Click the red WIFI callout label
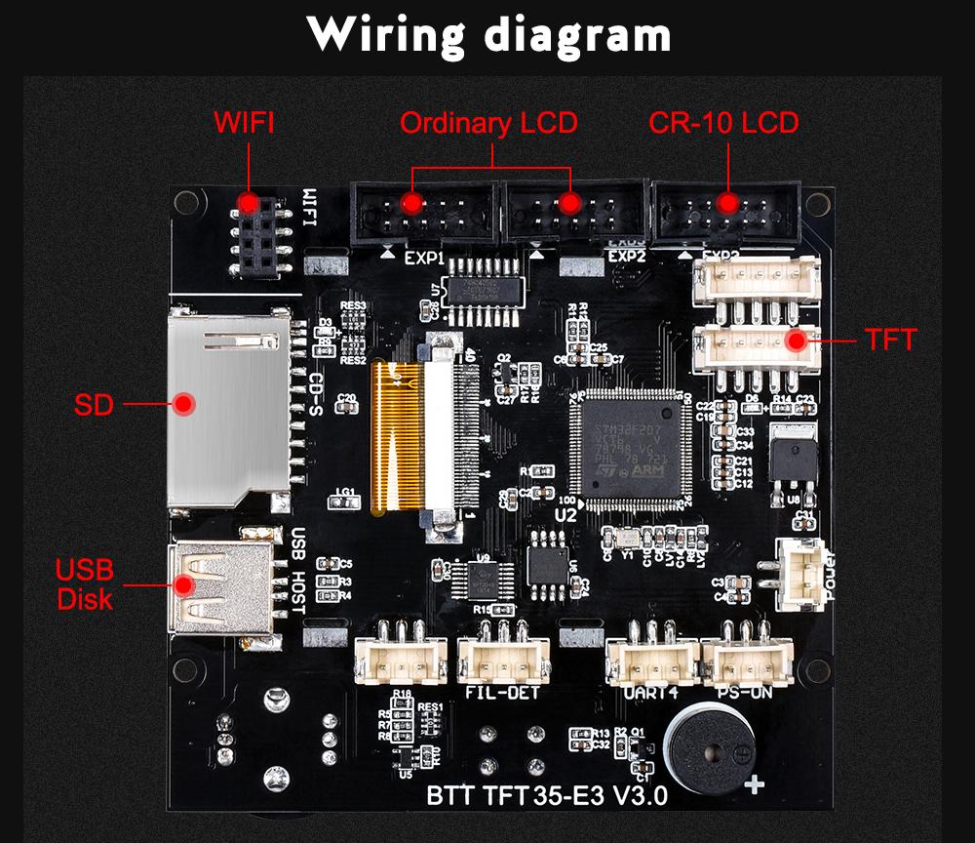tap(245, 123)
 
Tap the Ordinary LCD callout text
tap(488, 123)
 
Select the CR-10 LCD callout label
tap(724, 123)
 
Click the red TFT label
tap(890, 341)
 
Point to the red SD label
tap(95, 404)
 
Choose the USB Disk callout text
tap(85, 583)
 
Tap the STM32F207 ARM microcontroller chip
tap(628, 448)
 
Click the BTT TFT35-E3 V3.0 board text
tap(547, 795)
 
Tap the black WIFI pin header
tap(259, 234)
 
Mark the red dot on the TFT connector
tap(797, 341)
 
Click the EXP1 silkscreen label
tap(424, 260)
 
